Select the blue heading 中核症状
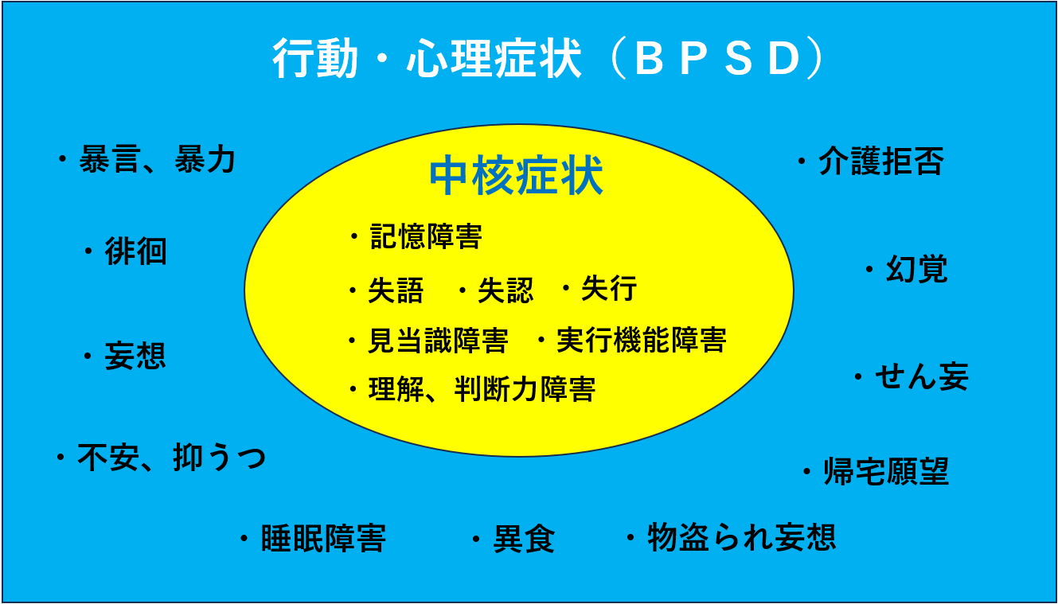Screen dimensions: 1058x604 pos(516,175)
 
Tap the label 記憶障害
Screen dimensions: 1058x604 pos(426,236)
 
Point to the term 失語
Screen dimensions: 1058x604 pos(396,290)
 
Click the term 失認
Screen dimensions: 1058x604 pos(506,290)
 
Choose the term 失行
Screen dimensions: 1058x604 pos(609,288)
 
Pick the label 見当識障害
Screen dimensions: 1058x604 pos(438,340)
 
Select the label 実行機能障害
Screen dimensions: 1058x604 pos(642,340)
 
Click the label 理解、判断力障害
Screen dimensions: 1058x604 pos(482,390)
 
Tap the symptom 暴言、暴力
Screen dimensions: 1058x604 pos(158,159)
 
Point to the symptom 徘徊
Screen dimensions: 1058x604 pos(135,251)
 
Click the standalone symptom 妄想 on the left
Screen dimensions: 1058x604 pos(135,356)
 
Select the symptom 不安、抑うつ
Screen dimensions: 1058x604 pos(171,457)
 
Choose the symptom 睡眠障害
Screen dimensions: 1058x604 pos(323,539)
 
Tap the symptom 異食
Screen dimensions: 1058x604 pos(525,539)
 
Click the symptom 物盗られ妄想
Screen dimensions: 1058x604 pos(742,537)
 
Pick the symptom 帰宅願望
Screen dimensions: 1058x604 pos(887,471)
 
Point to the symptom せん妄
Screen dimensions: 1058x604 pos(922,376)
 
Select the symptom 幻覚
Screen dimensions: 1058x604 pos(917,269)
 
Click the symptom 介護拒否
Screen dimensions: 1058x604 pos(881,161)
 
